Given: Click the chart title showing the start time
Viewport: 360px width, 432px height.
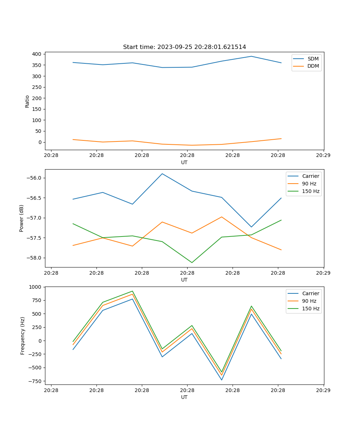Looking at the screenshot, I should pyautogui.click(x=184, y=47).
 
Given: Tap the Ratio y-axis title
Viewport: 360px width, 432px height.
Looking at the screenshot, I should pyautogui.click(x=27, y=102).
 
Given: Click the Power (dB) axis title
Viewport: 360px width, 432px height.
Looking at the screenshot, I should pyautogui.click(x=22, y=218).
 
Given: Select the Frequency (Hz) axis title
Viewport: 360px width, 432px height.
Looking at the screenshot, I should pyautogui.click(x=23, y=336).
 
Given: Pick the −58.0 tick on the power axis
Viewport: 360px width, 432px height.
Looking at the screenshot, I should pyautogui.click(x=34, y=258).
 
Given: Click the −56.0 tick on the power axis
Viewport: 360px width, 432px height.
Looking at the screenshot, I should pyautogui.click(x=34, y=178).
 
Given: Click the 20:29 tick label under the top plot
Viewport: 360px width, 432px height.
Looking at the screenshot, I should pyautogui.click(x=323, y=156).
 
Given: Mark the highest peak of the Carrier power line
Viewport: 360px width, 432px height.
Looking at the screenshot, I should pyautogui.click(x=162, y=174).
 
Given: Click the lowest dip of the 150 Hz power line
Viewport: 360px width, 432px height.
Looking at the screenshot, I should pyautogui.click(x=192, y=262).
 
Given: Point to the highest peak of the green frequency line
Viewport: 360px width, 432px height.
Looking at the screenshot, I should pyautogui.click(x=132, y=291).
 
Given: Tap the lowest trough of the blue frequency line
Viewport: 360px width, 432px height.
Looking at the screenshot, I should pyautogui.click(x=221, y=380).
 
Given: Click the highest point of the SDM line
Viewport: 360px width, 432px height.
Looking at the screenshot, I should pyautogui.click(x=251, y=56).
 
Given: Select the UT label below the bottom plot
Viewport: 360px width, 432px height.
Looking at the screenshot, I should pyautogui.click(x=184, y=397).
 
